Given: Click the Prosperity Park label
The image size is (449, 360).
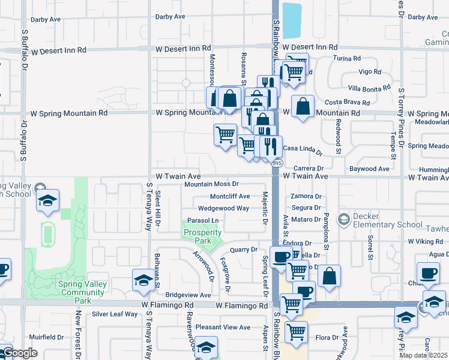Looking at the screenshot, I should tap(197, 236).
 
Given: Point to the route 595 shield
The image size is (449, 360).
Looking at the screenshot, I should tap(277, 163).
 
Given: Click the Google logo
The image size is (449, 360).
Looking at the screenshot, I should tap(19, 353).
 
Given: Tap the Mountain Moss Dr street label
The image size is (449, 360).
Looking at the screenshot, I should tap(211, 184).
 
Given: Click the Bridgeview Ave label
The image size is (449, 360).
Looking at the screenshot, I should tap(188, 295).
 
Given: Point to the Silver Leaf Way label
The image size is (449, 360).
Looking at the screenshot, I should tap(115, 314).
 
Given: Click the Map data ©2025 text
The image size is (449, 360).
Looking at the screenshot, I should tap(424, 355).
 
